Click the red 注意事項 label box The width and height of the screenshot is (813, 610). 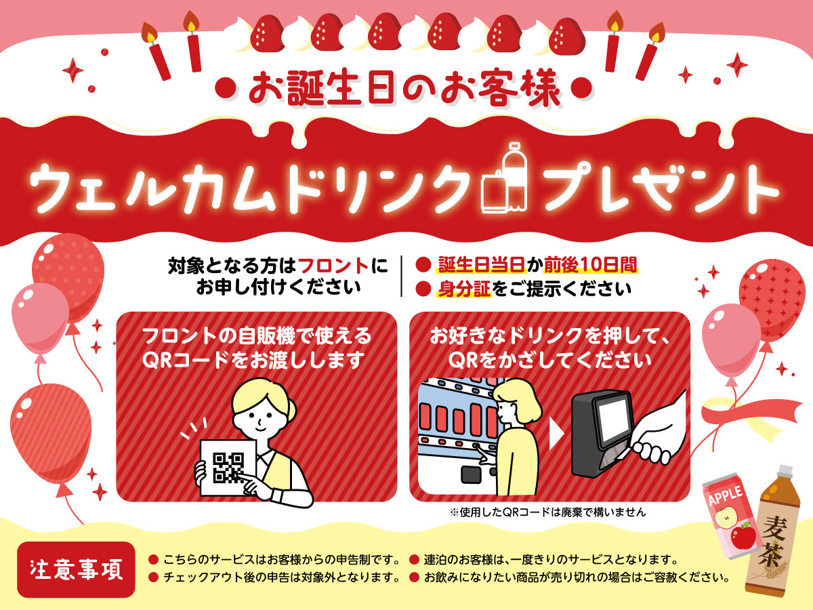(x=76, y=569)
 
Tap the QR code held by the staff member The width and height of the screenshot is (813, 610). (x=228, y=468)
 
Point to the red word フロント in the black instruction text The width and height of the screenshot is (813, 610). (x=333, y=265)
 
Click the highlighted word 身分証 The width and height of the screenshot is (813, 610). (x=465, y=289)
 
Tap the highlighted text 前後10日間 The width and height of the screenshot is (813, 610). (x=590, y=264)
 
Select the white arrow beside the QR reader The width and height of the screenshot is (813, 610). (x=556, y=433)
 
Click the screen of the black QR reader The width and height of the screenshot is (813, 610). (x=613, y=420)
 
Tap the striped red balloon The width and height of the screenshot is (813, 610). (x=51, y=434)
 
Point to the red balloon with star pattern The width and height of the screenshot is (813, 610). (x=772, y=300)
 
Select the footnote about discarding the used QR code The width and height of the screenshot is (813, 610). (x=548, y=512)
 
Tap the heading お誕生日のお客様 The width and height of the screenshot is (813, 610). (x=404, y=88)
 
